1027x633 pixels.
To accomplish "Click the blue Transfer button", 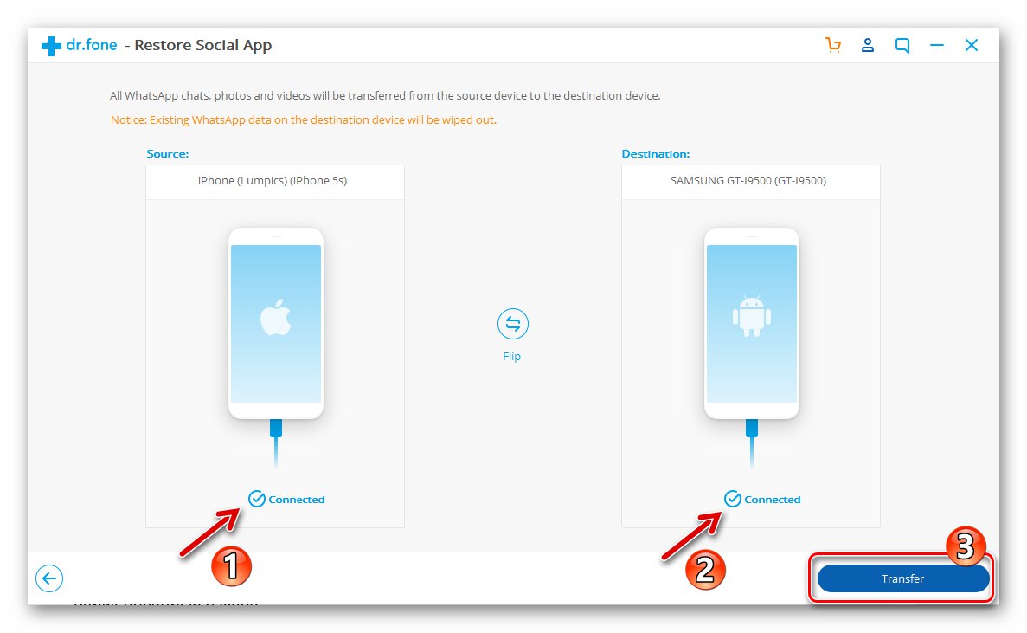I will point(902,578).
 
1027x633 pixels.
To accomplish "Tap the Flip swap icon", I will point(512,324).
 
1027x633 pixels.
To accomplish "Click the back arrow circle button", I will point(49,578).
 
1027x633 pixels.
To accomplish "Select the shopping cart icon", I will point(833,46).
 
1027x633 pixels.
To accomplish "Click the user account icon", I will point(868,46).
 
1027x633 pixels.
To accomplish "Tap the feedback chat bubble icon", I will point(902,46).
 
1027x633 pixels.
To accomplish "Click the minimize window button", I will point(937,46).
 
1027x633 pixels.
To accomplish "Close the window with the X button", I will point(972,46).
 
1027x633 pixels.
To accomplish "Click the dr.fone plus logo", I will point(51,46).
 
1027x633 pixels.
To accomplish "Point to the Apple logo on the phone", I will point(276,319).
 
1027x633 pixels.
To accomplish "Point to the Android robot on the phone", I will point(751,317).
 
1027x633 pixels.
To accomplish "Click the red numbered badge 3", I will point(967,546).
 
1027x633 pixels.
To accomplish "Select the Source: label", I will point(167,154).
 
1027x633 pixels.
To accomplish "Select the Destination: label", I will point(655,154).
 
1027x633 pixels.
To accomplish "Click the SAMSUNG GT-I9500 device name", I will point(750,181).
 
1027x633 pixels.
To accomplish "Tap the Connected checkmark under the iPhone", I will point(256,499).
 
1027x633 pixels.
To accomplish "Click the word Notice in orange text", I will point(127,120).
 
